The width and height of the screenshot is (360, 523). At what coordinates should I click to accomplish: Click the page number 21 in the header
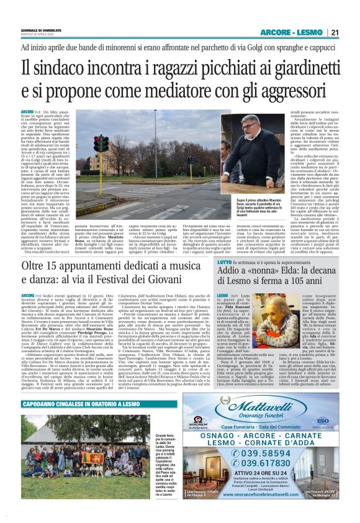pyautogui.click(x=335, y=33)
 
